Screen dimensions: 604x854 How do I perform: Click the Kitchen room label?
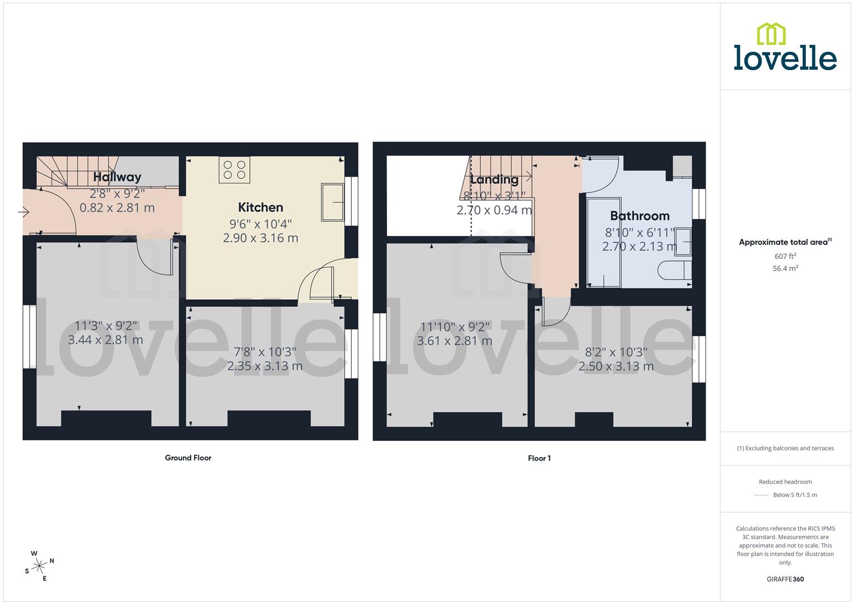(261, 207)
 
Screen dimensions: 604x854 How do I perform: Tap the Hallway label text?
(117, 177)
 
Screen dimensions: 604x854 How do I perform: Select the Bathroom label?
(639, 216)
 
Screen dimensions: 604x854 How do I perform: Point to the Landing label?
(494, 180)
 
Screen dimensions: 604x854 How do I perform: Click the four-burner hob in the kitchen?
(234, 169)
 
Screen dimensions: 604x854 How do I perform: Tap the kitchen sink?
(332, 202)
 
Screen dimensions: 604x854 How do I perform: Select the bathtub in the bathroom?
(603, 242)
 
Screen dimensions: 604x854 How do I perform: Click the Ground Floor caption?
(188, 458)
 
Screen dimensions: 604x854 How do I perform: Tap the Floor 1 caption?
(539, 459)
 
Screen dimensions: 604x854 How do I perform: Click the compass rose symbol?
(39, 566)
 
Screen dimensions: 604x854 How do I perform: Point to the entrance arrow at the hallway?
(23, 213)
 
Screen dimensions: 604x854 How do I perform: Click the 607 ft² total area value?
(785, 257)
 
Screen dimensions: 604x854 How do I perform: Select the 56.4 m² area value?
(785, 268)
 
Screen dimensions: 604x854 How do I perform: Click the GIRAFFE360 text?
(785, 579)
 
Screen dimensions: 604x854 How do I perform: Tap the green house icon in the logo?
(771, 34)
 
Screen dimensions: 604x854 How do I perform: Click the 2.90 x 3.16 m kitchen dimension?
(261, 238)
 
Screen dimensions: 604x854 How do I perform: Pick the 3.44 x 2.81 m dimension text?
(105, 340)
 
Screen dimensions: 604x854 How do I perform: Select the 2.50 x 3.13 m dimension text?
(616, 367)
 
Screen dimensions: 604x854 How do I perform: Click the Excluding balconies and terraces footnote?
(785, 449)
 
